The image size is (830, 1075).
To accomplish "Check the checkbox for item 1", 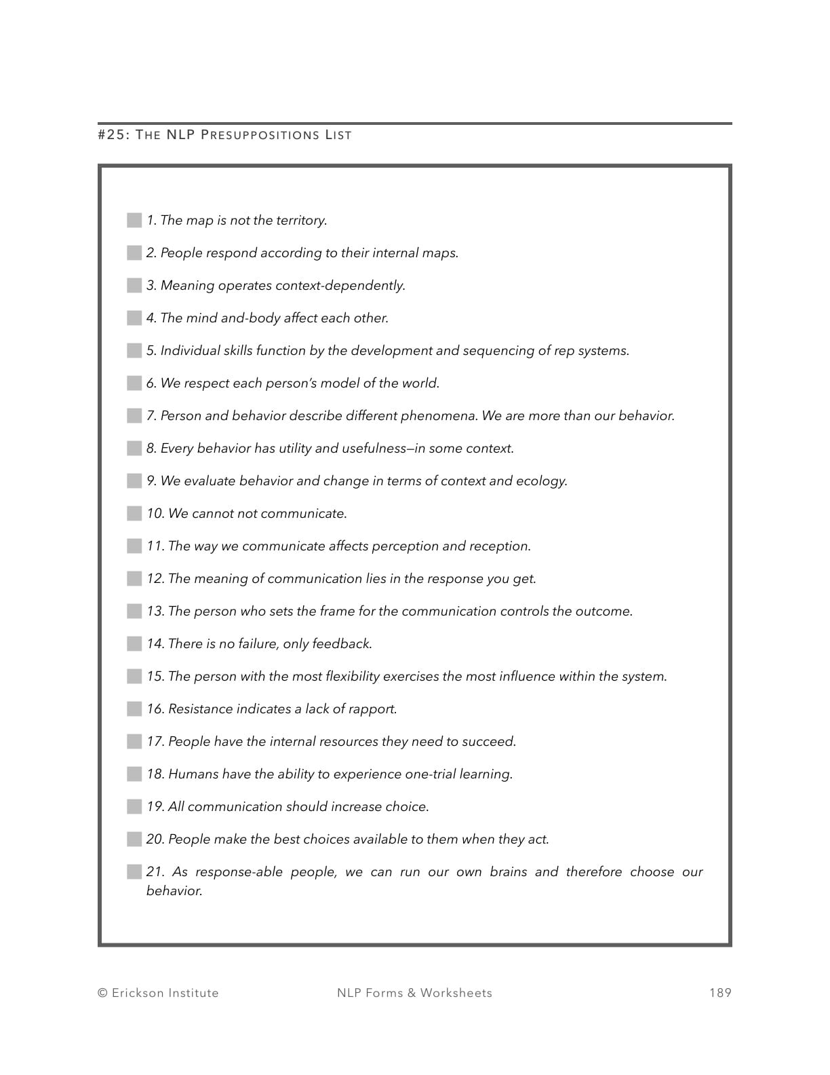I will coord(134,221).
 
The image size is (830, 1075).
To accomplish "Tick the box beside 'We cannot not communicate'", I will coord(134,514).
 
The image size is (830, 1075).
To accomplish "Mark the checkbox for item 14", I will coord(134,644).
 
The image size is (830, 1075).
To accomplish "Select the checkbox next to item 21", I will coord(134,872).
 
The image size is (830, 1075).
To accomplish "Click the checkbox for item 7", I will coord(134,416).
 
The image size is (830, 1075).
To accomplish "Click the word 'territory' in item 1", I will coord(301,221).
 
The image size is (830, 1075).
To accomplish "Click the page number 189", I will coord(720,993).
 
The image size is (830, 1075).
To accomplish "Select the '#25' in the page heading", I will coord(111,135).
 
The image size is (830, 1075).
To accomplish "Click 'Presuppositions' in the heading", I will coord(260,135).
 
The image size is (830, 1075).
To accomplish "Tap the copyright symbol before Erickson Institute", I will coord(103,993).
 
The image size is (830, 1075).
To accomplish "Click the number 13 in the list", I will coord(155,611).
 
